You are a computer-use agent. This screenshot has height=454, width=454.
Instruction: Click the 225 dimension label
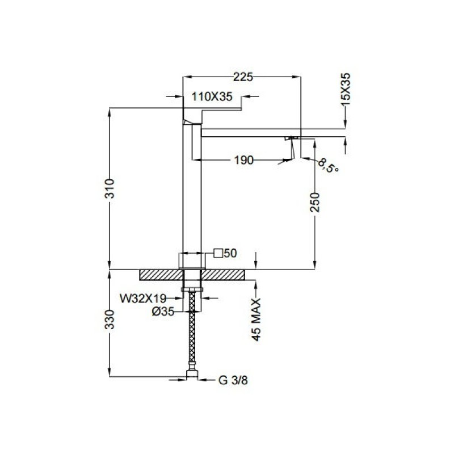tap(243, 77)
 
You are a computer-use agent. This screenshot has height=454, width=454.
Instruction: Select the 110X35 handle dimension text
tap(212, 96)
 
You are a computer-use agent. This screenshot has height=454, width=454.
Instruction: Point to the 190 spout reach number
tap(243, 160)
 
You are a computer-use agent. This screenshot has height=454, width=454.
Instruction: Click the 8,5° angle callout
tap(328, 166)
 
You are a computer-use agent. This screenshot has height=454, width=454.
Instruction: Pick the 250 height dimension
tap(315, 202)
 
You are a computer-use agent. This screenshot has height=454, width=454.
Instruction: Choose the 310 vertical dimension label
tap(110, 189)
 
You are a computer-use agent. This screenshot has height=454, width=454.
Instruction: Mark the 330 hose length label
tap(110, 320)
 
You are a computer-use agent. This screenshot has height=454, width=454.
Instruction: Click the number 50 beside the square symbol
tap(230, 253)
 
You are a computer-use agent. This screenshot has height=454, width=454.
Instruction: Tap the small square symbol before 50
tap(218, 253)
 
